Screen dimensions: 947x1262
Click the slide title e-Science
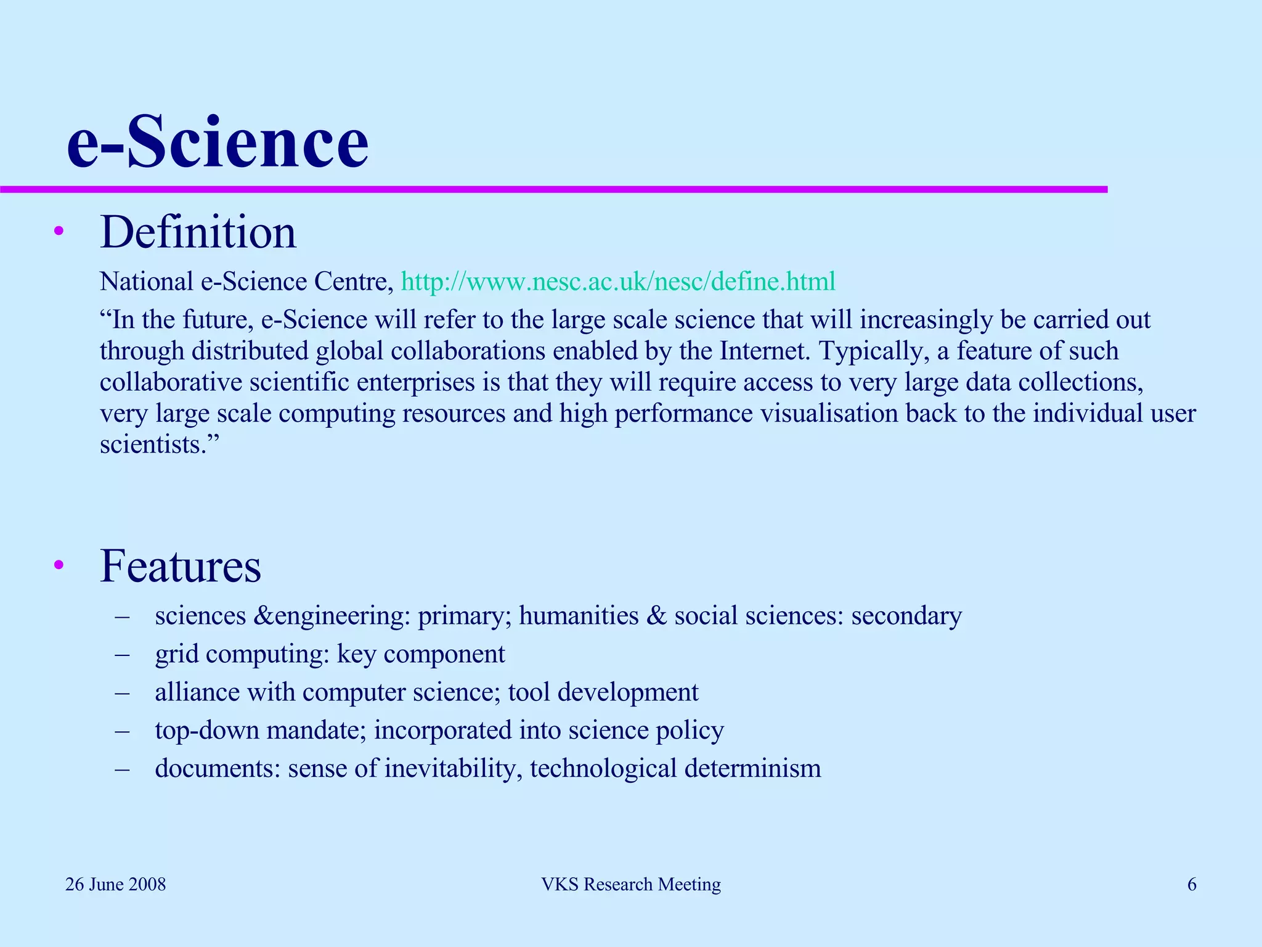point(218,143)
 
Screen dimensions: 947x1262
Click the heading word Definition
point(198,232)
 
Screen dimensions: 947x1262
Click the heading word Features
point(181,566)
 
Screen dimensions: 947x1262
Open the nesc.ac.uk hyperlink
point(618,282)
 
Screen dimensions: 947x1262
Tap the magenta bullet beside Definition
point(59,232)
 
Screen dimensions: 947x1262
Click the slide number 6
point(1192,885)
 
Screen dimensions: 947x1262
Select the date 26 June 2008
point(116,885)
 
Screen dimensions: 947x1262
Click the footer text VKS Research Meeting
point(631,885)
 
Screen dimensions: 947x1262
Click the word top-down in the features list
point(207,731)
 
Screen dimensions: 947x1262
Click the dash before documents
point(122,769)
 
